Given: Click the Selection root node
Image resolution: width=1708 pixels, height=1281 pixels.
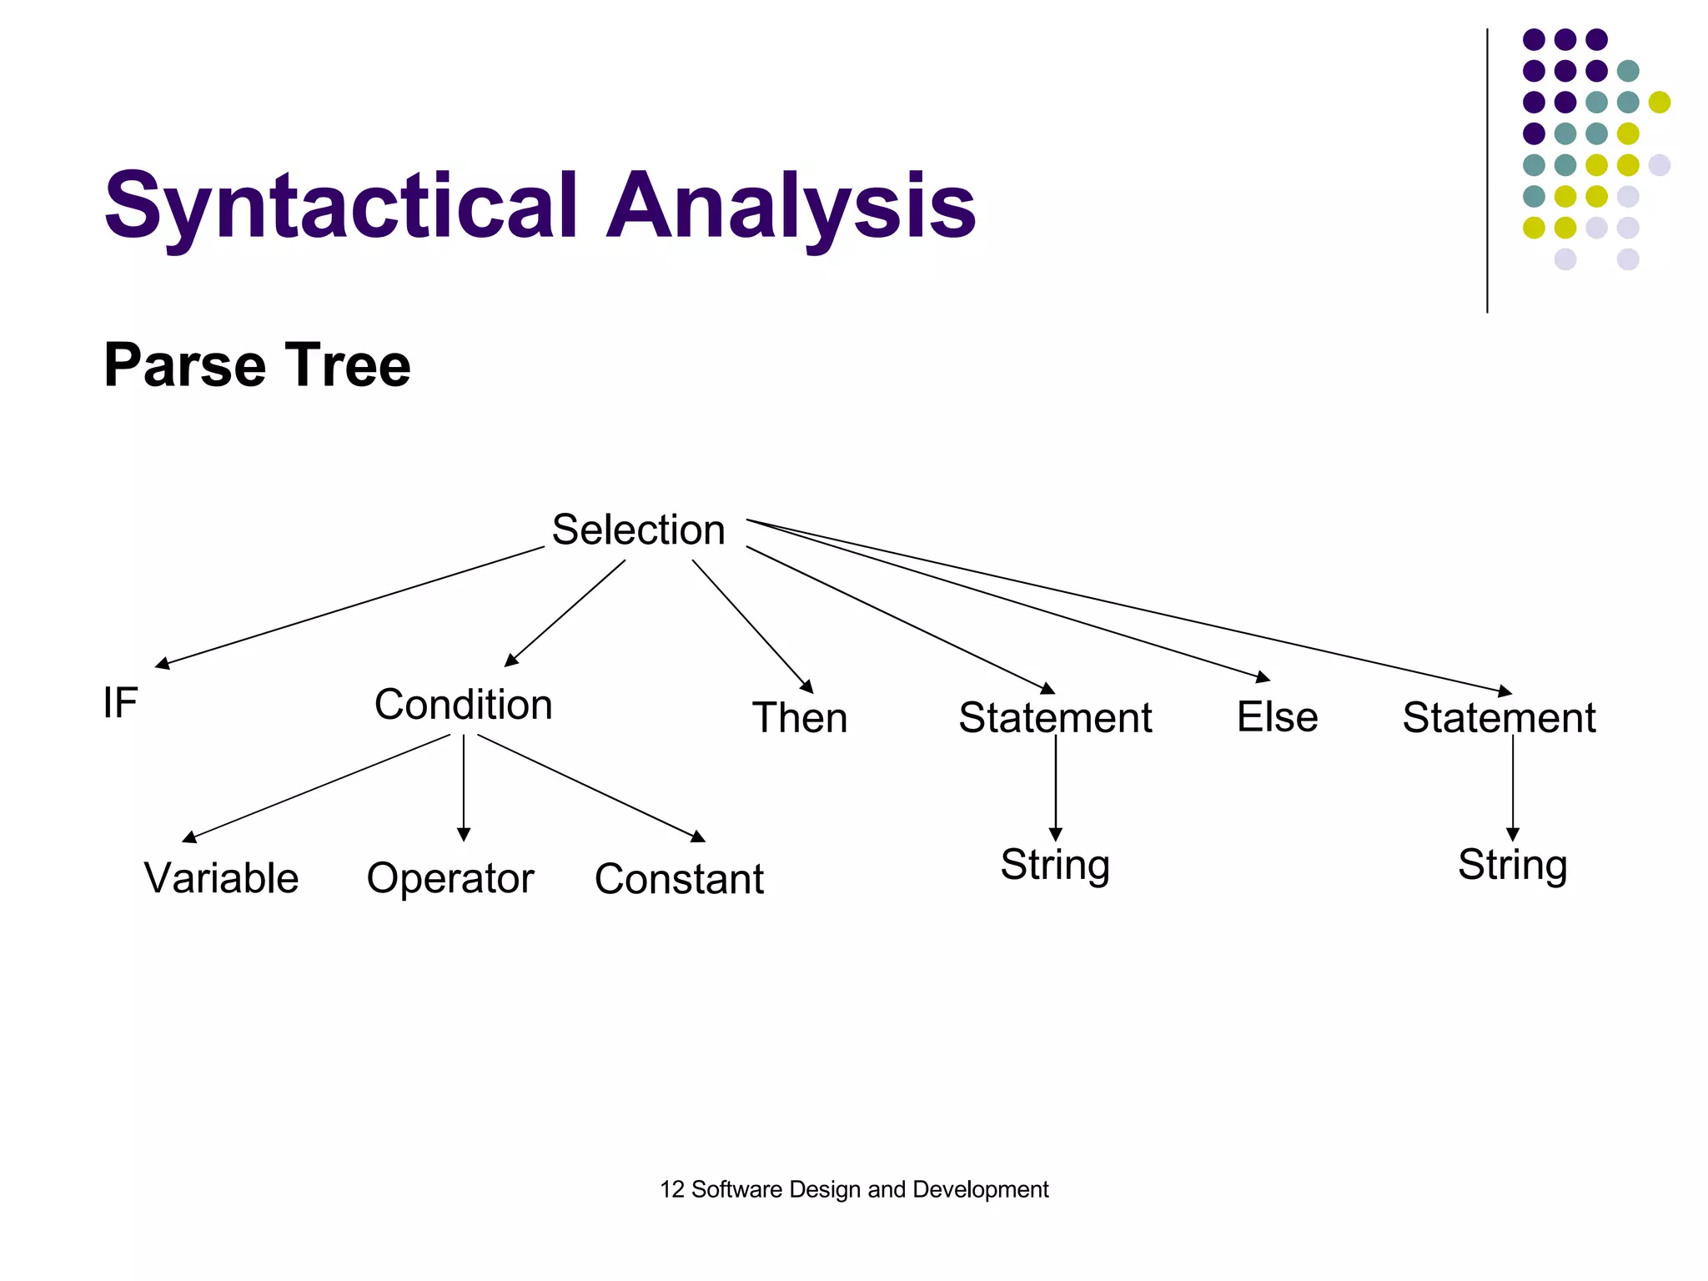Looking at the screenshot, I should (x=638, y=530).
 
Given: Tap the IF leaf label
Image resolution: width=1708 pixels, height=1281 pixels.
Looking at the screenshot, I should (x=120, y=702).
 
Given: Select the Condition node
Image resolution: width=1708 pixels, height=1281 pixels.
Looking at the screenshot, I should (x=463, y=705).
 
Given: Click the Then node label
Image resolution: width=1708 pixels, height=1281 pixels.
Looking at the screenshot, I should (x=799, y=718).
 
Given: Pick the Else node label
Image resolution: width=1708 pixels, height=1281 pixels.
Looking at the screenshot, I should (x=1277, y=717).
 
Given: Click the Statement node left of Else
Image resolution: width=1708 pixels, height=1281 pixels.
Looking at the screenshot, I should (x=1055, y=718).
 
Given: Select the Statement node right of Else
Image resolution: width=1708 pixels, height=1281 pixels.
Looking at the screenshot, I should (x=1499, y=718).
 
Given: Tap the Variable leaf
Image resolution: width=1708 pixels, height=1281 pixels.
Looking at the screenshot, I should (x=221, y=878).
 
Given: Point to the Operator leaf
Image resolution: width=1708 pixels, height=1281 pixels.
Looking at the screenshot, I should (x=450, y=878).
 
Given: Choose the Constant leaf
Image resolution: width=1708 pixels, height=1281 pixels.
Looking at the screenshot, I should (x=679, y=879).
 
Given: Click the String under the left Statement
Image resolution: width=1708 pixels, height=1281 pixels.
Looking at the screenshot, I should (x=1055, y=865).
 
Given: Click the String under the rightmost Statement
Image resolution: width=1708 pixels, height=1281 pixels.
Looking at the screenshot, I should (x=1512, y=865).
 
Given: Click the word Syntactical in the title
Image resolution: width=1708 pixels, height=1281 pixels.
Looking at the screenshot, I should (x=340, y=206).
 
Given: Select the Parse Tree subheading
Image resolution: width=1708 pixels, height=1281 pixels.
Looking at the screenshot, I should (x=257, y=365).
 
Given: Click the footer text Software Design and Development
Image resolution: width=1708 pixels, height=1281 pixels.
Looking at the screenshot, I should (x=869, y=1189).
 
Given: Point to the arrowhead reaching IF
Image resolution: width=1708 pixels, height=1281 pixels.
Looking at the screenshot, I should (x=163, y=665).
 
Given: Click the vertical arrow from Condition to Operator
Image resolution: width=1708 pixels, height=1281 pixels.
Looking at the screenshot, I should (x=464, y=784).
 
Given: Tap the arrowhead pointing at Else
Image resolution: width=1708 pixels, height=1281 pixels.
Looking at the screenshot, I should (x=1263, y=678).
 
